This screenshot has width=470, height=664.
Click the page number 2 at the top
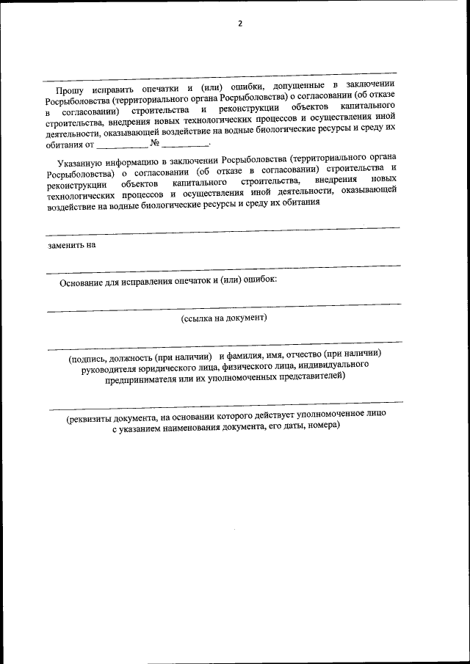[239, 23]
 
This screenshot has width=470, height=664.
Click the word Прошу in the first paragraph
[70, 90]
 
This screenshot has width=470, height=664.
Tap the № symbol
[155, 144]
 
